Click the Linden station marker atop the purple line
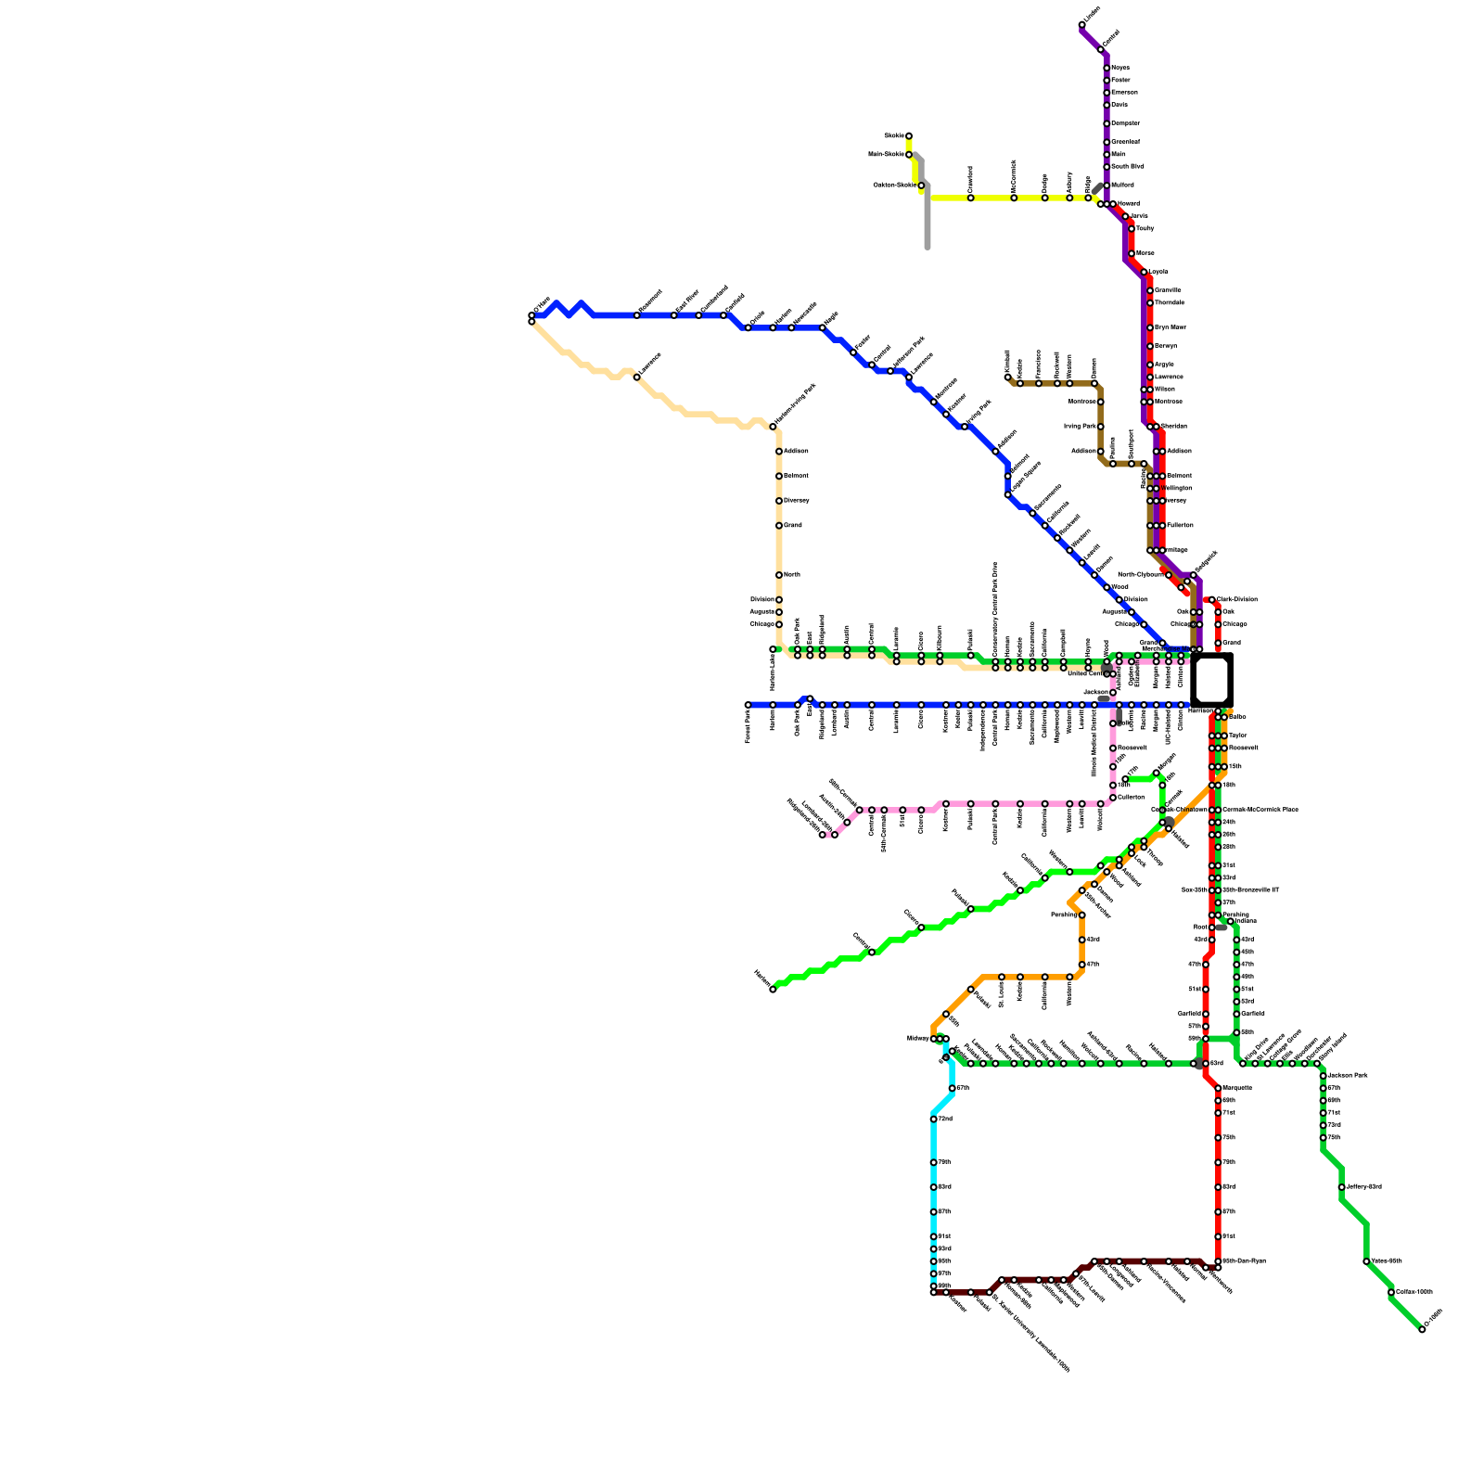tap(1081, 25)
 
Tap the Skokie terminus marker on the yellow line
tap(909, 135)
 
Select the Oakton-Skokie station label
tap(894, 185)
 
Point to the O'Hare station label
tap(543, 305)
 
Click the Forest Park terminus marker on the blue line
tap(748, 705)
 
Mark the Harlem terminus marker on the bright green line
tap(773, 990)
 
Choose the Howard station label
tap(1128, 203)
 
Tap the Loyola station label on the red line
tap(1158, 272)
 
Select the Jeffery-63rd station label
tap(1364, 1187)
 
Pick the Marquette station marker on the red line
tap(1218, 1088)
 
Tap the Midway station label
tap(917, 1039)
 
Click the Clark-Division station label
tap(1236, 599)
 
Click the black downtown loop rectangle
tap(1211, 681)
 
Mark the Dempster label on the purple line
tap(1125, 123)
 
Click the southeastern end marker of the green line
tap(1422, 1329)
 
